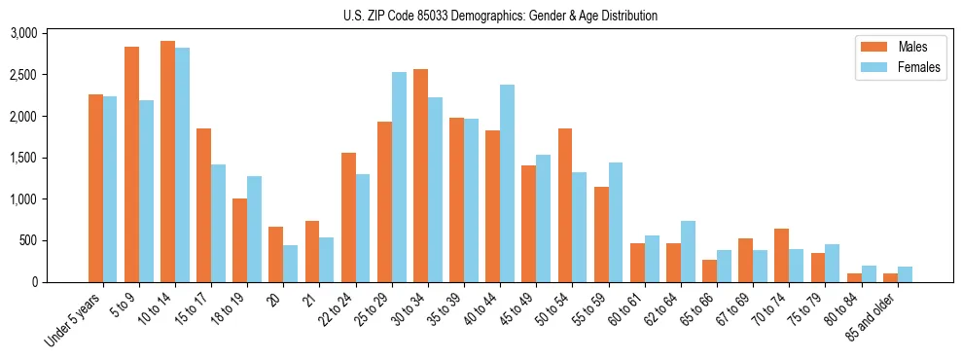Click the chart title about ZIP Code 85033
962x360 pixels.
pyautogui.click(x=500, y=16)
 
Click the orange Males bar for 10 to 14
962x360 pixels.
pyautogui.click(x=167, y=162)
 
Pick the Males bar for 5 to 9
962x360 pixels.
pyautogui.click(x=131, y=164)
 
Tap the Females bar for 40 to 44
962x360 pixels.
pyautogui.click(x=507, y=184)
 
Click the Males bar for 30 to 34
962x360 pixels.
pyautogui.click(x=420, y=176)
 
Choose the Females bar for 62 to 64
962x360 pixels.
pyautogui.click(x=688, y=252)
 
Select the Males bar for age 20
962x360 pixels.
pyautogui.click(x=276, y=255)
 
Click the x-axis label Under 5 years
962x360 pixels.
pyautogui.click(x=74, y=320)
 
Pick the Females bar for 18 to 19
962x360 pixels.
pyautogui.click(x=255, y=230)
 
